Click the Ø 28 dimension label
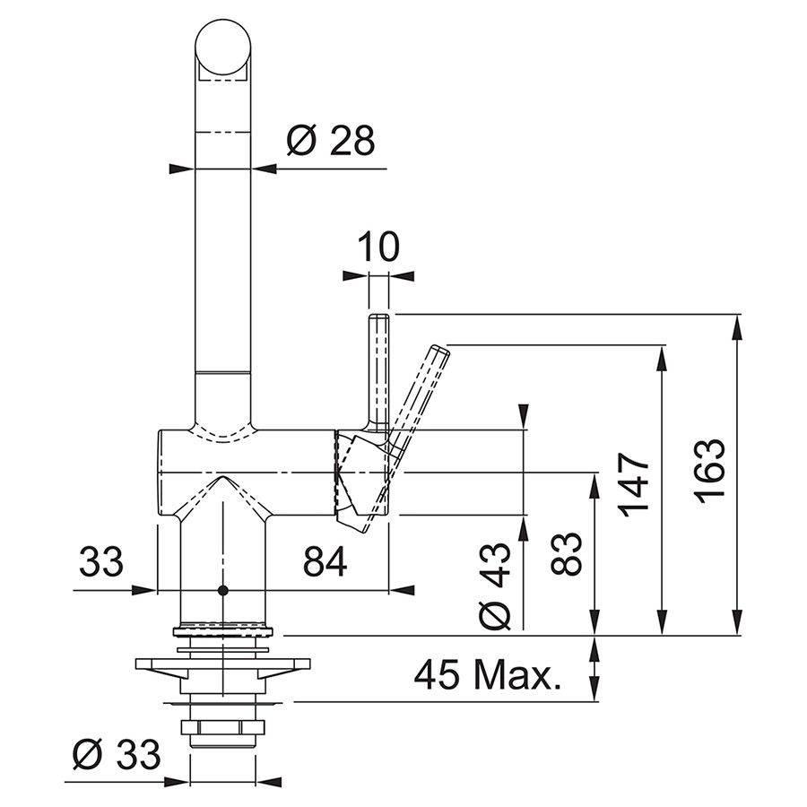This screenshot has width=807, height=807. [330, 140]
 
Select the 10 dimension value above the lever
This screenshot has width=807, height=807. [377, 247]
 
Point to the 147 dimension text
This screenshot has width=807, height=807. [635, 484]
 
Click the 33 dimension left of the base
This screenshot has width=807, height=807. [101, 562]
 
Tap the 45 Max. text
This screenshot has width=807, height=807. [487, 674]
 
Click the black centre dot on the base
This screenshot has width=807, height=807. [222, 591]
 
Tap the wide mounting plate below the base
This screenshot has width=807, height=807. [222, 666]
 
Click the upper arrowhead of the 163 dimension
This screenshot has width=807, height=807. [737, 325]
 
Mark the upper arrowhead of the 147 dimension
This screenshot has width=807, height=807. [663, 356]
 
